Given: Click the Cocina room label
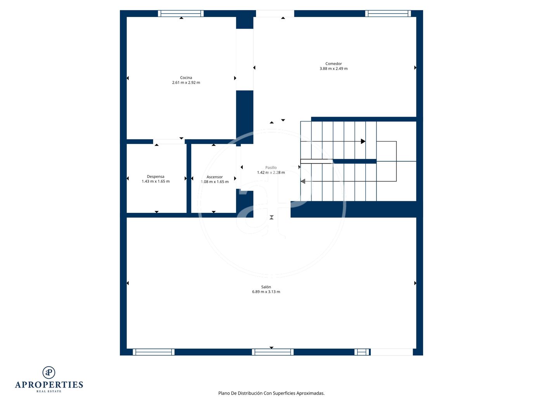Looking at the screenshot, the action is [186, 78].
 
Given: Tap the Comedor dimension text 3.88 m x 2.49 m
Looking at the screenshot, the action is [334, 69].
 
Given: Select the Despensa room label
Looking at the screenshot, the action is [156, 176].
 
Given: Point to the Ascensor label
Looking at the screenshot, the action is [214, 177].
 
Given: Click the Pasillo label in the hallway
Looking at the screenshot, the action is [271, 167].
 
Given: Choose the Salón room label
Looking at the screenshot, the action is [266, 287].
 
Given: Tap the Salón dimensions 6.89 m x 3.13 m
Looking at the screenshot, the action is [266, 291].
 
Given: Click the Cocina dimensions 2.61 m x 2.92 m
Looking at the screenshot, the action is [186, 83].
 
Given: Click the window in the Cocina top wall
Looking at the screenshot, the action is [181, 13].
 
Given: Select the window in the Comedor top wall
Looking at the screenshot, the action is [388, 13].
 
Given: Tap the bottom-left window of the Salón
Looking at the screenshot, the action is [153, 352].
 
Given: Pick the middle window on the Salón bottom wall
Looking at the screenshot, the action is [273, 352].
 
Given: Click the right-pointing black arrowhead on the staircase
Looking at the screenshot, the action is [363, 141].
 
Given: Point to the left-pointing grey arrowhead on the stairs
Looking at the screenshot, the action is [303, 181].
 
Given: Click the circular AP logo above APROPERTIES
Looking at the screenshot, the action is [49, 373].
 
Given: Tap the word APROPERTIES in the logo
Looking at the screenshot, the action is [49, 385].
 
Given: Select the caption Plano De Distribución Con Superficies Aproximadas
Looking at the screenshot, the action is [271, 393].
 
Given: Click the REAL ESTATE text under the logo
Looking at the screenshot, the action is [49, 391].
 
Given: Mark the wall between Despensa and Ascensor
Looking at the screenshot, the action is [189, 178].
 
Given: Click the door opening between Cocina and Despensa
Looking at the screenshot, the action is [169, 141].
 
